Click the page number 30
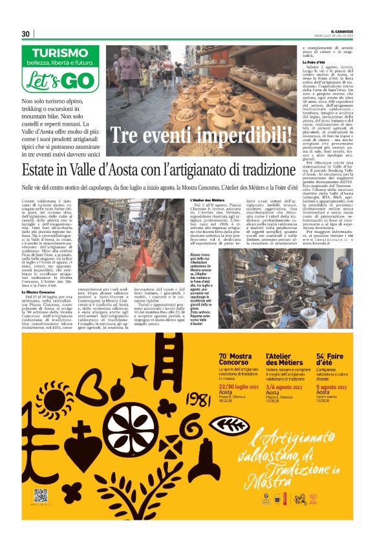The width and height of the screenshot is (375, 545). point(25,33)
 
